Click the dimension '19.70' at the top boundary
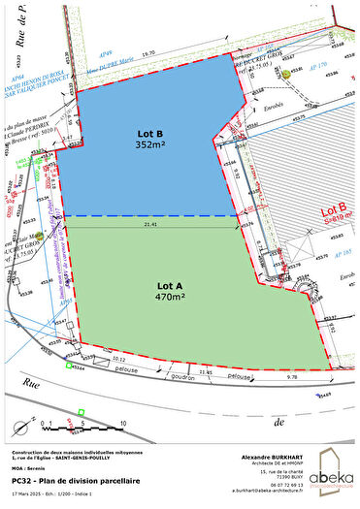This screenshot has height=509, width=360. click(147, 56)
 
